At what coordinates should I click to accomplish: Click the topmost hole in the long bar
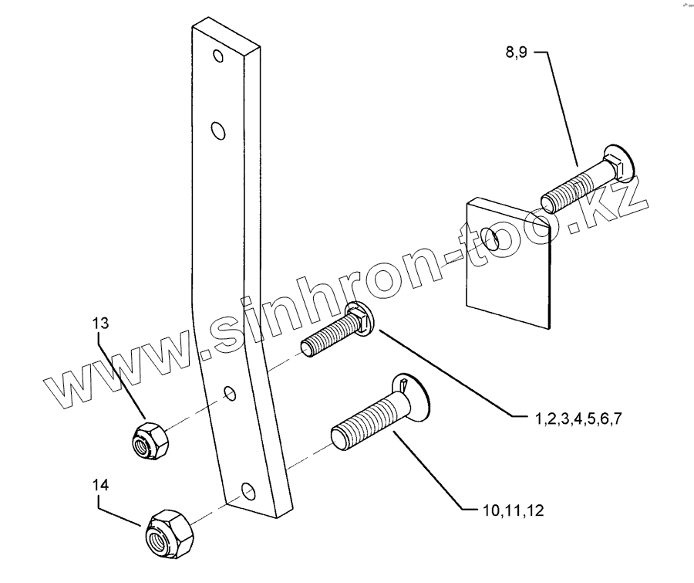click(218, 56)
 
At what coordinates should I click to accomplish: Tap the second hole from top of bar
click(220, 130)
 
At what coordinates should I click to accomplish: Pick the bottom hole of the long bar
click(247, 490)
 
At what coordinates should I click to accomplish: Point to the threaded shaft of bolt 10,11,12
click(366, 421)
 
